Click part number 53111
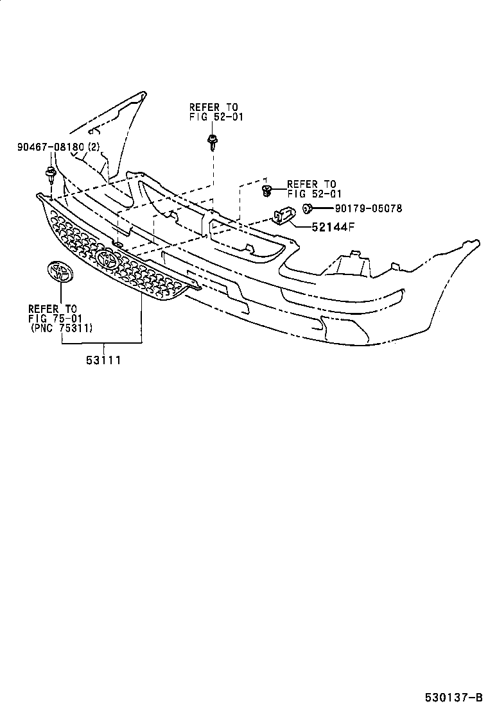pos(103,360)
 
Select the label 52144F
pos(332,226)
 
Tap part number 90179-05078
pos(368,208)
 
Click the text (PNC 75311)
pos(62,328)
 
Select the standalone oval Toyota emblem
pos(60,272)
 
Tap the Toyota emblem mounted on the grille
pos(107,260)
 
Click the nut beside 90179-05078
pos(308,208)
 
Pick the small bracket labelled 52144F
pos(283,215)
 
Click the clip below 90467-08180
pos(50,173)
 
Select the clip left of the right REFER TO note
pos(267,189)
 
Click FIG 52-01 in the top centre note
pos(216,117)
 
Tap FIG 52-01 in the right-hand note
pos(314,194)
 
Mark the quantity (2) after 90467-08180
pos(94,147)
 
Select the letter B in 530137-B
pos(478,698)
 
